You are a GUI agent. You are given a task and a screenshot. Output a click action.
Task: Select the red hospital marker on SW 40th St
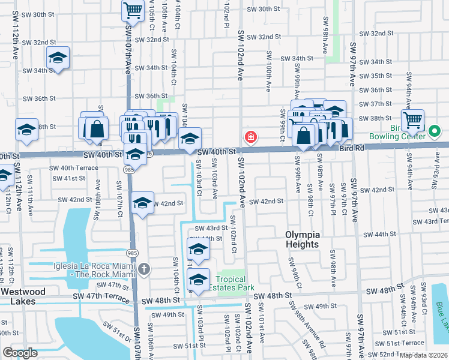click(x=250, y=138)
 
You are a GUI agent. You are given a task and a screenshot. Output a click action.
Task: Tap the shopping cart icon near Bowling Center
click(x=412, y=120)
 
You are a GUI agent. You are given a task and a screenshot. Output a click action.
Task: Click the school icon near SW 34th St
click(x=57, y=58)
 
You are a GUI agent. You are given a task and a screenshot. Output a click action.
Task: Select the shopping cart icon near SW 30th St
click(x=133, y=9)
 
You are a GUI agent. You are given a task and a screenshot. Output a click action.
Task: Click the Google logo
click(x=20, y=353)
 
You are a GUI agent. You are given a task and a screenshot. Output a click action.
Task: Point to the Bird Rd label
click(x=352, y=148)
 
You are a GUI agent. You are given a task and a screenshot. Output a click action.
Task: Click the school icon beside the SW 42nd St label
click(x=142, y=203)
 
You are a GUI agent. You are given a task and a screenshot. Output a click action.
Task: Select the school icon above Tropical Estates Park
click(x=197, y=248)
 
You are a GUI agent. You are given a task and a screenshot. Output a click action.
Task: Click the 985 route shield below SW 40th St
click(x=130, y=170)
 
